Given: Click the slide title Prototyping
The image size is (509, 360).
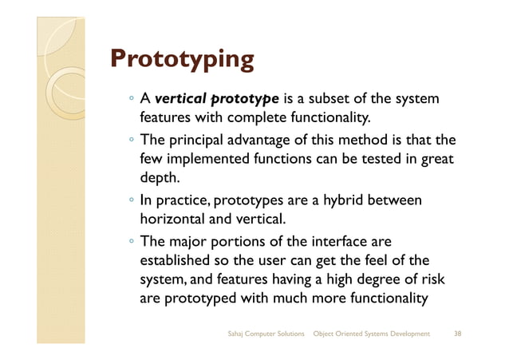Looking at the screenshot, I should [x=182, y=60].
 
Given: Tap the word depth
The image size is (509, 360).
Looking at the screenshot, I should [x=158, y=179].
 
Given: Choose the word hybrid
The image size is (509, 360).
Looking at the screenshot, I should [x=342, y=199].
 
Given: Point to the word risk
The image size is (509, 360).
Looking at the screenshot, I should [x=430, y=279].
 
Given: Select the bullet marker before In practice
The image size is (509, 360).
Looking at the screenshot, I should [x=130, y=200].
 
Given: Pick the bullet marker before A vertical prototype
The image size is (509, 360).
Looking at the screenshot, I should [x=130, y=100].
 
